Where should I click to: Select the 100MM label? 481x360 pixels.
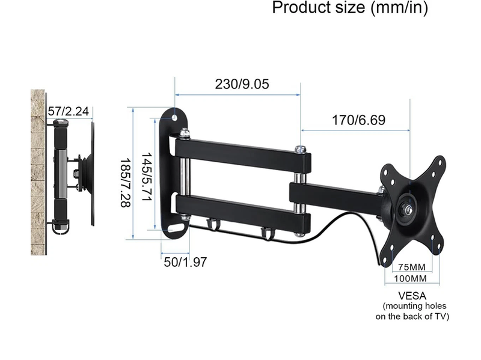tap(411, 279)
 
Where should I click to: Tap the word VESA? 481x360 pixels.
tap(412, 296)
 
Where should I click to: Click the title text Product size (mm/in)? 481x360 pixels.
tap(350, 8)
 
